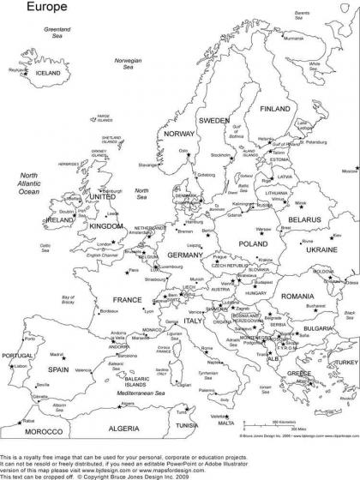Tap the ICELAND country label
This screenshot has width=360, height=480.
pyautogui.click(x=48, y=73)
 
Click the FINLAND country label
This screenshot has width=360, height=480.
pyautogui.click(x=275, y=110)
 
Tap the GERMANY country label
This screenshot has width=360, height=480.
pyautogui.click(x=183, y=255)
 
